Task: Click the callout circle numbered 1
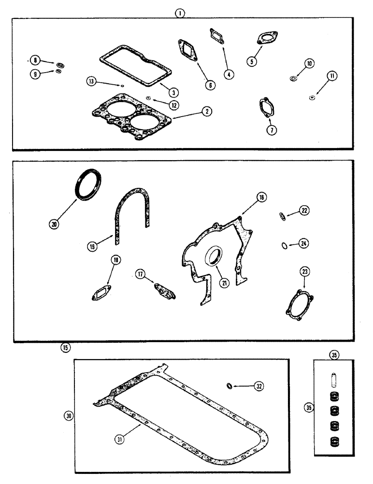coord(180,14)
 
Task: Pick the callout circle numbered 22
coord(305,211)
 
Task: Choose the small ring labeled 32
coord(230,386)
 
